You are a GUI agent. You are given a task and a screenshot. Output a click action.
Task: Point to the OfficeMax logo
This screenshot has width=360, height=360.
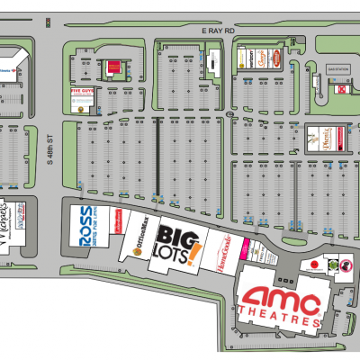click(x=139, y=245)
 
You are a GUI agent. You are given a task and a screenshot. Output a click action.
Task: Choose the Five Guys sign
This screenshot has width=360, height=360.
click(x=83, y=94)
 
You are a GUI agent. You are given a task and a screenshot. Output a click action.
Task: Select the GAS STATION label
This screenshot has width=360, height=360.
click(x=337, y=68)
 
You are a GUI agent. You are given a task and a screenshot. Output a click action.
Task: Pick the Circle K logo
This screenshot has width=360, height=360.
click(x=341, y=89)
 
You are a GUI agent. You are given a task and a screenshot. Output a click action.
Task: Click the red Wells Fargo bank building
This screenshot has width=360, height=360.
click(x=112, y=66)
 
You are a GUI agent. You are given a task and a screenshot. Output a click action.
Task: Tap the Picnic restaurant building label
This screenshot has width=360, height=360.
click(x=319, y=139)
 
